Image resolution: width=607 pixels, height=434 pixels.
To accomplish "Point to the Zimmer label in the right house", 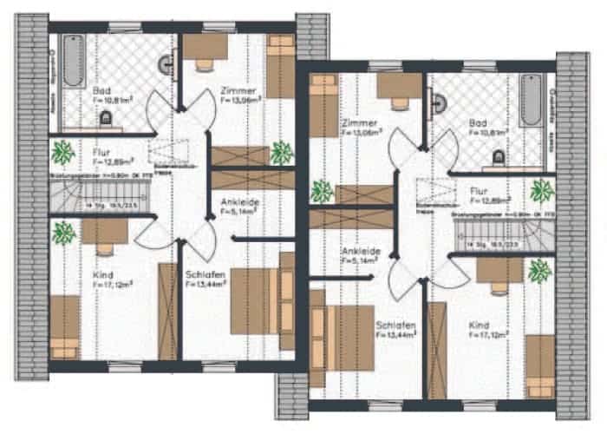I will click(358, 123).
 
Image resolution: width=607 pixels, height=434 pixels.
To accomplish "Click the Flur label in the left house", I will click(101, 151).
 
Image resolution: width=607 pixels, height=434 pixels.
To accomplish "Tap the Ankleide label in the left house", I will click(240, 201).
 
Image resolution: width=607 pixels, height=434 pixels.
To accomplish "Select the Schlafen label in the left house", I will click(206, 275).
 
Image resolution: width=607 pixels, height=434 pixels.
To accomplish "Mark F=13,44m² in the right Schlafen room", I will click(396, 336).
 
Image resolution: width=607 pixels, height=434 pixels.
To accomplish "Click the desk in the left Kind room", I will click(104, 230).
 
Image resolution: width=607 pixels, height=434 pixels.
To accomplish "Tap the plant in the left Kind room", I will click(62, 233).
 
